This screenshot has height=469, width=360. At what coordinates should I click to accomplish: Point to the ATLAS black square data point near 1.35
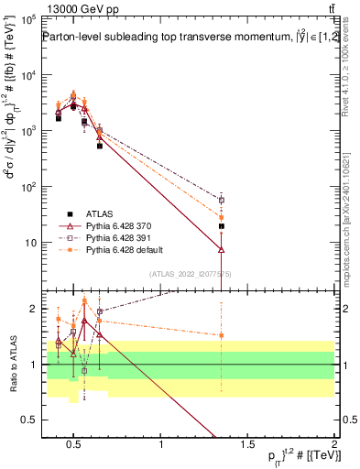222,225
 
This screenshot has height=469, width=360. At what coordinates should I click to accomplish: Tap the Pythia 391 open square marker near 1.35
222,200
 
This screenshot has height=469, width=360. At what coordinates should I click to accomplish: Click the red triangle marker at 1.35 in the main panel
222,249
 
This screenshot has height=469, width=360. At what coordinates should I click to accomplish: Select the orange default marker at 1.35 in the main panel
222,218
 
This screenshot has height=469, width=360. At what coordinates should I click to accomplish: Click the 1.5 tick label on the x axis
247,445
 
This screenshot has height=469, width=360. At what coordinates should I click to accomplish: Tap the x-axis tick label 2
333,445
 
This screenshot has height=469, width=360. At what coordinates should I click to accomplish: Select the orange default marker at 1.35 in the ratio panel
222,335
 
